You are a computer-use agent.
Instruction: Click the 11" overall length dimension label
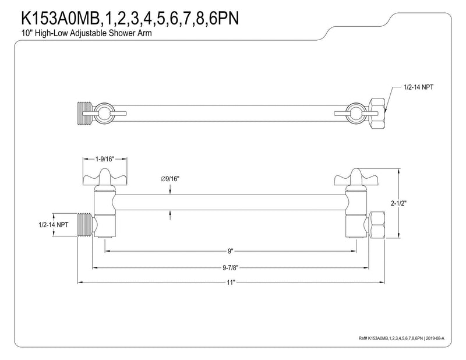[231, 282]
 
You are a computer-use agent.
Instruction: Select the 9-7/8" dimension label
[231, 267]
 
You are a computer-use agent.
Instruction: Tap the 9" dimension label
[231, 251]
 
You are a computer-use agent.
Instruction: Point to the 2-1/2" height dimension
[398, 203]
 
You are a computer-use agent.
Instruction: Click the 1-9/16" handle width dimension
[105, 159]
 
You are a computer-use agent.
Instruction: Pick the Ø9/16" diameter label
[170, 179]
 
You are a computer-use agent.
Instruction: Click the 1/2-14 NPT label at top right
[418, 87]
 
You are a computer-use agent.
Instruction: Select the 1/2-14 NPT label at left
[54, 225]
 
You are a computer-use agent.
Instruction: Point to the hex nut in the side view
[376, 225]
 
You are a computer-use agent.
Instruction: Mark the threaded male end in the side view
[86, 225]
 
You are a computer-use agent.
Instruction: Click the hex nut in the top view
[377, 114]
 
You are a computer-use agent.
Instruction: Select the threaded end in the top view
[85, 114]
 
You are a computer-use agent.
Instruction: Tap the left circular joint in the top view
[105, 113]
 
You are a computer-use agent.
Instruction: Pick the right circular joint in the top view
[356, 113]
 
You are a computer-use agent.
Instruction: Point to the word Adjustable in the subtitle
[89, 33]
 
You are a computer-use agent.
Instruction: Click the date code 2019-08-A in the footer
[437, 338]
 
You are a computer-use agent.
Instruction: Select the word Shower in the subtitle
[120, 33]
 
